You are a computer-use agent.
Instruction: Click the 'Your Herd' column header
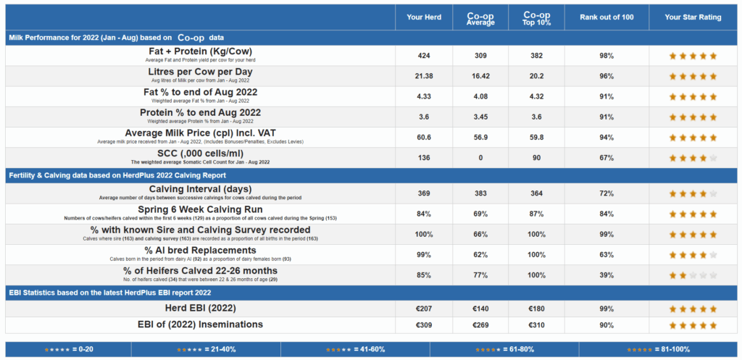click(424, 17)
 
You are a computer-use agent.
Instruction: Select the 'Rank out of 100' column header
click(606, 17)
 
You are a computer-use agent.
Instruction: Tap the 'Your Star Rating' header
click(693, 17)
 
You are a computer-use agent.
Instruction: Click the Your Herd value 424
click(424, 56)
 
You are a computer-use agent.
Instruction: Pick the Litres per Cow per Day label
click(201, 72)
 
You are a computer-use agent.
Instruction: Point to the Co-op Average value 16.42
click(480, 76)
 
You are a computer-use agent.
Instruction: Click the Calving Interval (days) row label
click(200, 189)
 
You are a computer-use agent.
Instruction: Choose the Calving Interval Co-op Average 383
click(480, 193)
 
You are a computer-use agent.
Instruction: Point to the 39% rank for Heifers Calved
click(606, 275)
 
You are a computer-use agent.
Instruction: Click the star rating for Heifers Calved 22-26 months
click(693, 275)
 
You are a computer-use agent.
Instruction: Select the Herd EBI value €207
click(424, 308)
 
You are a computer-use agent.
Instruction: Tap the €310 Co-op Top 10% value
click(536, 325)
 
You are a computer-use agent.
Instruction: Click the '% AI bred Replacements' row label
click(200, 250)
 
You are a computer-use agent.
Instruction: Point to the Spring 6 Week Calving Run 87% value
click(536, 214)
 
